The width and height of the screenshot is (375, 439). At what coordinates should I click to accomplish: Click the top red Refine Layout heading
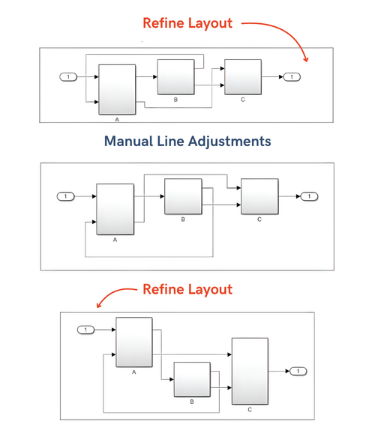pos(187,23)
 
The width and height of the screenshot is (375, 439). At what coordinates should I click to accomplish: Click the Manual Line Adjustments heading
pos(187,141)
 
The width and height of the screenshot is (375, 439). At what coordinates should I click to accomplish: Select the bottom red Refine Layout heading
pos(187,289)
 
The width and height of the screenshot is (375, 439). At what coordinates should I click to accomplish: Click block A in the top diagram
pos(117,88)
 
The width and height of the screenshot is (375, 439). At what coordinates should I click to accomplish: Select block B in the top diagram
pos(175,77)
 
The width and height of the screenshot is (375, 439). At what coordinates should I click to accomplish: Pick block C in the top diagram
pos(243,77)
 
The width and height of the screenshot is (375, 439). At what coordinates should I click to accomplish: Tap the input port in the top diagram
pos(69,76)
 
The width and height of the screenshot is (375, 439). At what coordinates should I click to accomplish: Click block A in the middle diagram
pos(115,208)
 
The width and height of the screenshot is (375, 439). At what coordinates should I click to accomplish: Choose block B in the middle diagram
pos(183,197)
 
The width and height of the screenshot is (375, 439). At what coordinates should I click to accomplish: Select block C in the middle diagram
pos(259,197)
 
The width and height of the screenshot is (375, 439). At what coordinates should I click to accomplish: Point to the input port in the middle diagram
pos(66,196)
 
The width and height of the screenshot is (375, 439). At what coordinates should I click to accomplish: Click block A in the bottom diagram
pos(133,342)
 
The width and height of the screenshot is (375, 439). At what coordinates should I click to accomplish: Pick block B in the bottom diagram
pos(192,380)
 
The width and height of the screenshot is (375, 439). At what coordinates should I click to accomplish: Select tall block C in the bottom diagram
pos(250,371)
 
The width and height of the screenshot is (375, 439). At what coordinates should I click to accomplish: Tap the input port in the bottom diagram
pos(86,330)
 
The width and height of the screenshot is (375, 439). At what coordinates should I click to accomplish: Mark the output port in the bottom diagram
pos(298,371)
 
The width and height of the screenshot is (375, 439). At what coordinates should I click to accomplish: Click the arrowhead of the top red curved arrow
pos(305,59)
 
